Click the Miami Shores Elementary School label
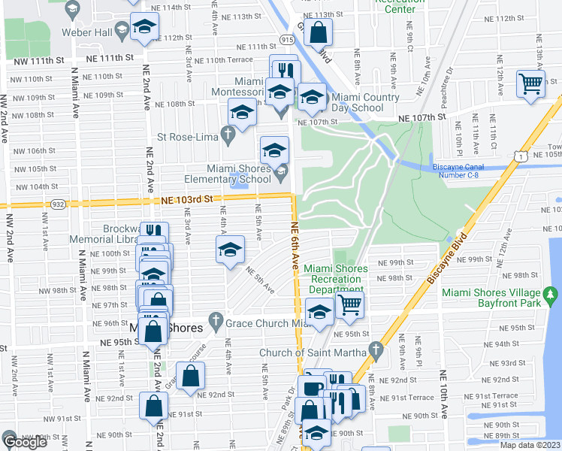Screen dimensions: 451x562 [228, 174]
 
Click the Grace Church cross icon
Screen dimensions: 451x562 [216, 320]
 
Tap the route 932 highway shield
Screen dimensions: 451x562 [57, 204]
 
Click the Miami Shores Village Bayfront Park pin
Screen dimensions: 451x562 [551, 293]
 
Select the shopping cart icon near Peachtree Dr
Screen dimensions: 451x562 [530, 83]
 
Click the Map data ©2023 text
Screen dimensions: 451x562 [530, 445]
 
